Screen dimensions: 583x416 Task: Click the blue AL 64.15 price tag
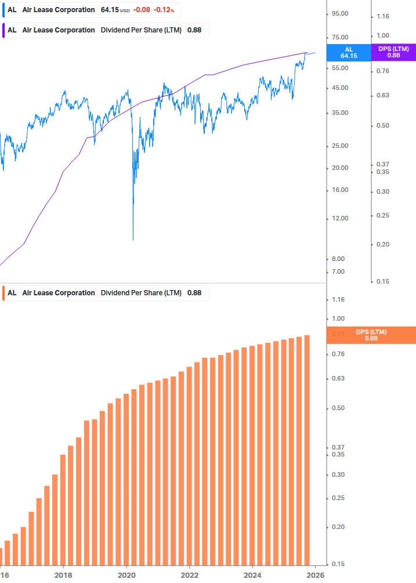point(348,53)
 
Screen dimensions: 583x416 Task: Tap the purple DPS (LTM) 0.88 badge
point(393,53)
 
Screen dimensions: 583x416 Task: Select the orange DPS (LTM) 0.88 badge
point(371,335)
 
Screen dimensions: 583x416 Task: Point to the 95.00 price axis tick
point(339,14)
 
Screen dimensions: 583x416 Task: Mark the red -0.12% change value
point(164,10)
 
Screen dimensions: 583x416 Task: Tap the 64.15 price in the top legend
point(109,10)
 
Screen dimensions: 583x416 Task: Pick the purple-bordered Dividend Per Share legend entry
point(104,30)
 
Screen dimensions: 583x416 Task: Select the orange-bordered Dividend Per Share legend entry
point(104,293)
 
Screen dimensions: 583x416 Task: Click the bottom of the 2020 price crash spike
point(133,239)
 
